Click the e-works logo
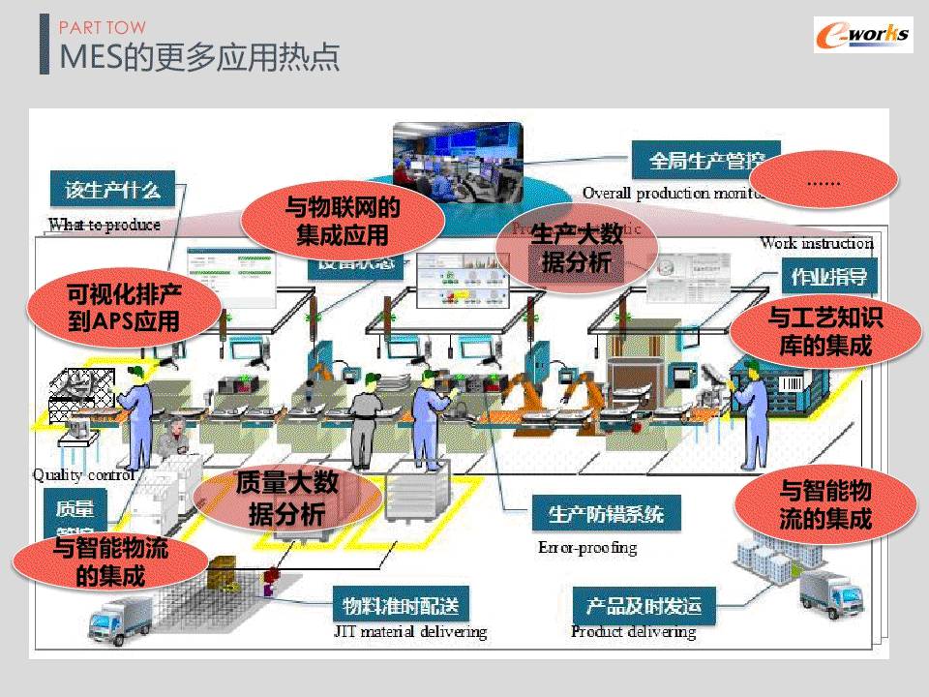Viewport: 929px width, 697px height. pyautogui.click(x=862, y=36)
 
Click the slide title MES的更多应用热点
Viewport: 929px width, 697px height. pyautogui.click(x=199, y=57)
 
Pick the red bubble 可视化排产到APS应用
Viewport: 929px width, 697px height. pyautogui.click(x=124, y=306)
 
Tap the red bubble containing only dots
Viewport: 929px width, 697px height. pyautogui.click(x=824, y=181)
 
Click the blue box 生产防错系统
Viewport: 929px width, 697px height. pyautogui.click(x=606, y=514)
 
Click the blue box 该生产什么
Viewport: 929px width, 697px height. pyautogui.click(x=112, y=189)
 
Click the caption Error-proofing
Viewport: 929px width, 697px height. pyautogui.click(x=587, y=548)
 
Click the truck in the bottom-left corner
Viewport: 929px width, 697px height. pyautogui.click(x=120, y=619)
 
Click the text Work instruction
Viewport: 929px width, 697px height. pyautogui.click(x=816, y=243)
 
